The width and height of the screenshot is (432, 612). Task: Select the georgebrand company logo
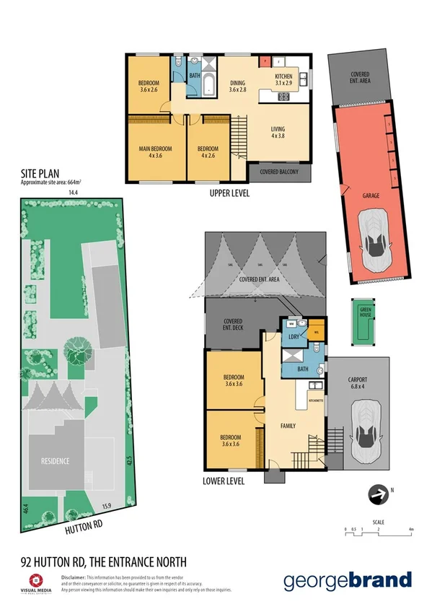[x=348, y=580]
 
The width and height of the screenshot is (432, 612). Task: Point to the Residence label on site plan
[x=56, y=462]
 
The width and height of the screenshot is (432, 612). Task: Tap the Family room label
[x=288, y=427]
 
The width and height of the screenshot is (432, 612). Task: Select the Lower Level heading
[x=224, y=481]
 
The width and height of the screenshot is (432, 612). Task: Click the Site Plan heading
[x=38, y=175]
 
